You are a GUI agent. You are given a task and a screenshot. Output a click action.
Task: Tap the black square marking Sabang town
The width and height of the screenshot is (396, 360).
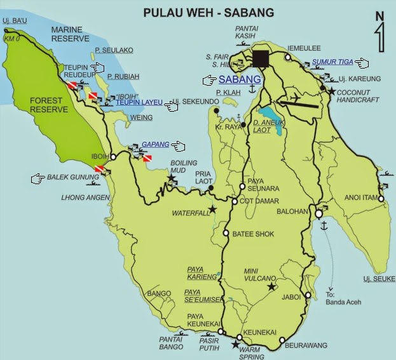pyautogui.click(x=260, y=58)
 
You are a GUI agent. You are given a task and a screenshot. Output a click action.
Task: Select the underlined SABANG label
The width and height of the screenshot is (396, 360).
pyautogui.click(x=240, y=80)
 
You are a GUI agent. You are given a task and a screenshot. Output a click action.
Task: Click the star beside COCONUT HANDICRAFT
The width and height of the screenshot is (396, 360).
pyautogui.click(x=331, y=91)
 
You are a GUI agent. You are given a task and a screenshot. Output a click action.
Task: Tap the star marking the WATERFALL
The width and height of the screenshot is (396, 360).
pyautogui.click(x=212, y=209)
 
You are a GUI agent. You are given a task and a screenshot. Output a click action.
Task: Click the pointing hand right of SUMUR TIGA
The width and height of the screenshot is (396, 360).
pyautogui.click(x=362, y=63)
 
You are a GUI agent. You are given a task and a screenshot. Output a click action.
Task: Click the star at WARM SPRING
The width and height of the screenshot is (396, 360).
pyautogui.click(x=235, y=345)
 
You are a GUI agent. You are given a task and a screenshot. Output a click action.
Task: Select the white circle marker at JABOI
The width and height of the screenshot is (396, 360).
pyautogui.click(x=308, y=296)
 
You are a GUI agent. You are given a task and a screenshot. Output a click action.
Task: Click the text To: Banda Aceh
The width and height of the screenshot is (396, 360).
pyautogui.click(x=343, y=298)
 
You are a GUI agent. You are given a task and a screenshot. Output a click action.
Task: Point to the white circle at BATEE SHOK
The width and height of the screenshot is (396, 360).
pyautogui.click(x=226, y=233)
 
